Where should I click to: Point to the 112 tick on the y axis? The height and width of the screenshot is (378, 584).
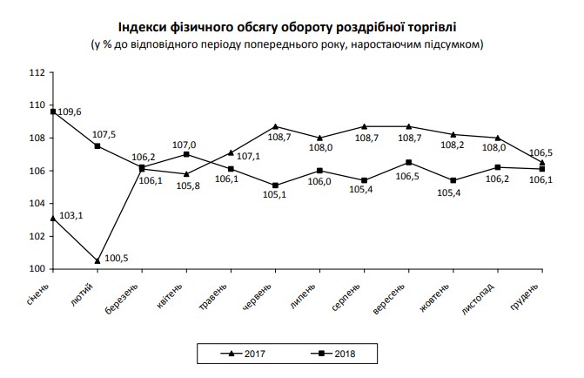[x=38, y=72]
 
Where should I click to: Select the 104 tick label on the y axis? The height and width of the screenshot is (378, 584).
[x=38, y=203]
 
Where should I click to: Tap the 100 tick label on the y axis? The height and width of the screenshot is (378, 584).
[x=38, y=268]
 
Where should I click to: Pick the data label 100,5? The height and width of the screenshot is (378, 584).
[x=117, y=259]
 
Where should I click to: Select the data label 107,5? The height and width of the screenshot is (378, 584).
[x=104, y=134]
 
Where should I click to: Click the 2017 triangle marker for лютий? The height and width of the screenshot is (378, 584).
[x=97, y=260]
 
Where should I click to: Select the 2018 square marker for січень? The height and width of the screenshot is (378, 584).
[x=53, y=111]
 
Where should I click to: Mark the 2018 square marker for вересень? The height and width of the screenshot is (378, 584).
[x=409, y=162]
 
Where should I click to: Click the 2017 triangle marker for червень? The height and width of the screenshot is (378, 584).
[x=275, y=127]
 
